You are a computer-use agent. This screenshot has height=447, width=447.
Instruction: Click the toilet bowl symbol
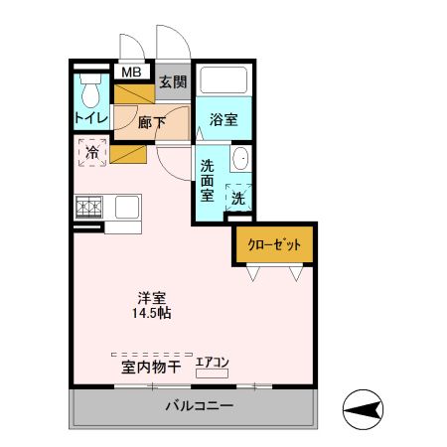click(90, 94)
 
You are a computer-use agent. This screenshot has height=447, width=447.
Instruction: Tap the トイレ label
click(90, 118)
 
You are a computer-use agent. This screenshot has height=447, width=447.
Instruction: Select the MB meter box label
click(131, 73)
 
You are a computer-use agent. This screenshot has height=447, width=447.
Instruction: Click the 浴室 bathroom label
click(223, 120)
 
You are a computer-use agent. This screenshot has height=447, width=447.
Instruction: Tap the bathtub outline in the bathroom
click(223, 79)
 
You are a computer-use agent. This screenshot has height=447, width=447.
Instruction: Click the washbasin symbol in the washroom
click(240, 159)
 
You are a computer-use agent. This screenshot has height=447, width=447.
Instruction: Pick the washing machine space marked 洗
click(238, 198)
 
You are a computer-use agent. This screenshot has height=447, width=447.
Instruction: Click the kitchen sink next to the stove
click(126, 208)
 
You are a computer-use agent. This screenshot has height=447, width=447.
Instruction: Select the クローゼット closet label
click(274, 244)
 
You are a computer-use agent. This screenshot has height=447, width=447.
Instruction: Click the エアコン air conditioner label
click(212, 363)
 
